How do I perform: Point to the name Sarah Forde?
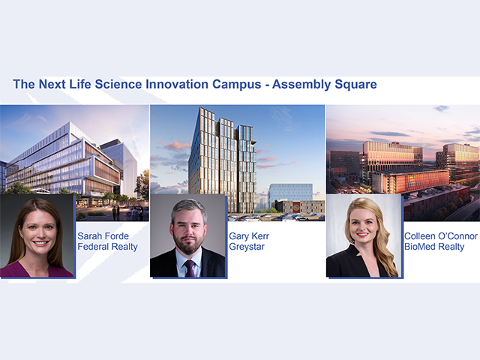coord(103,236)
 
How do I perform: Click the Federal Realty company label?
coord(107,247)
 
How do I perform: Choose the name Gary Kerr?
coord(249,236)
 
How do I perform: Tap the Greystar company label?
coord(247,247)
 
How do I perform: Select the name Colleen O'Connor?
coord(440,236)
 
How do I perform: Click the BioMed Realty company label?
coord(434,247)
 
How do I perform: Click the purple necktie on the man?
coord(190,268)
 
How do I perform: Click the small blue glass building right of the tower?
coord(290,193)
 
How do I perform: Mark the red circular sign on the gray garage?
coord(297,208)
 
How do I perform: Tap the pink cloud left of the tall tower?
coord(177,145)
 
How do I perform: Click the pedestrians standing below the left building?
coord(116,212)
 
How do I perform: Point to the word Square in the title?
coord(355,85)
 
